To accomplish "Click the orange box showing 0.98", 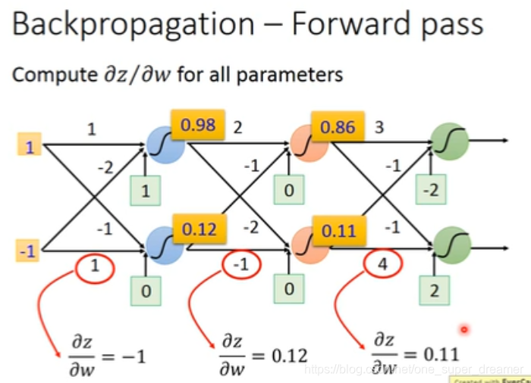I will (200, 125).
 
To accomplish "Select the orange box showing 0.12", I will (200, 229).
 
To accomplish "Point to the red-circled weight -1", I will (240, 266).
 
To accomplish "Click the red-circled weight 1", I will (95, 266).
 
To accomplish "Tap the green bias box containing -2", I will (432, 190).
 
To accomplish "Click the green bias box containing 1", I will (146, 190).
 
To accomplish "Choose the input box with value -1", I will (29, 250).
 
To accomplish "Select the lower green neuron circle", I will (450, 244).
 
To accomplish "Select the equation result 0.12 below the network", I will (287, 355).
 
